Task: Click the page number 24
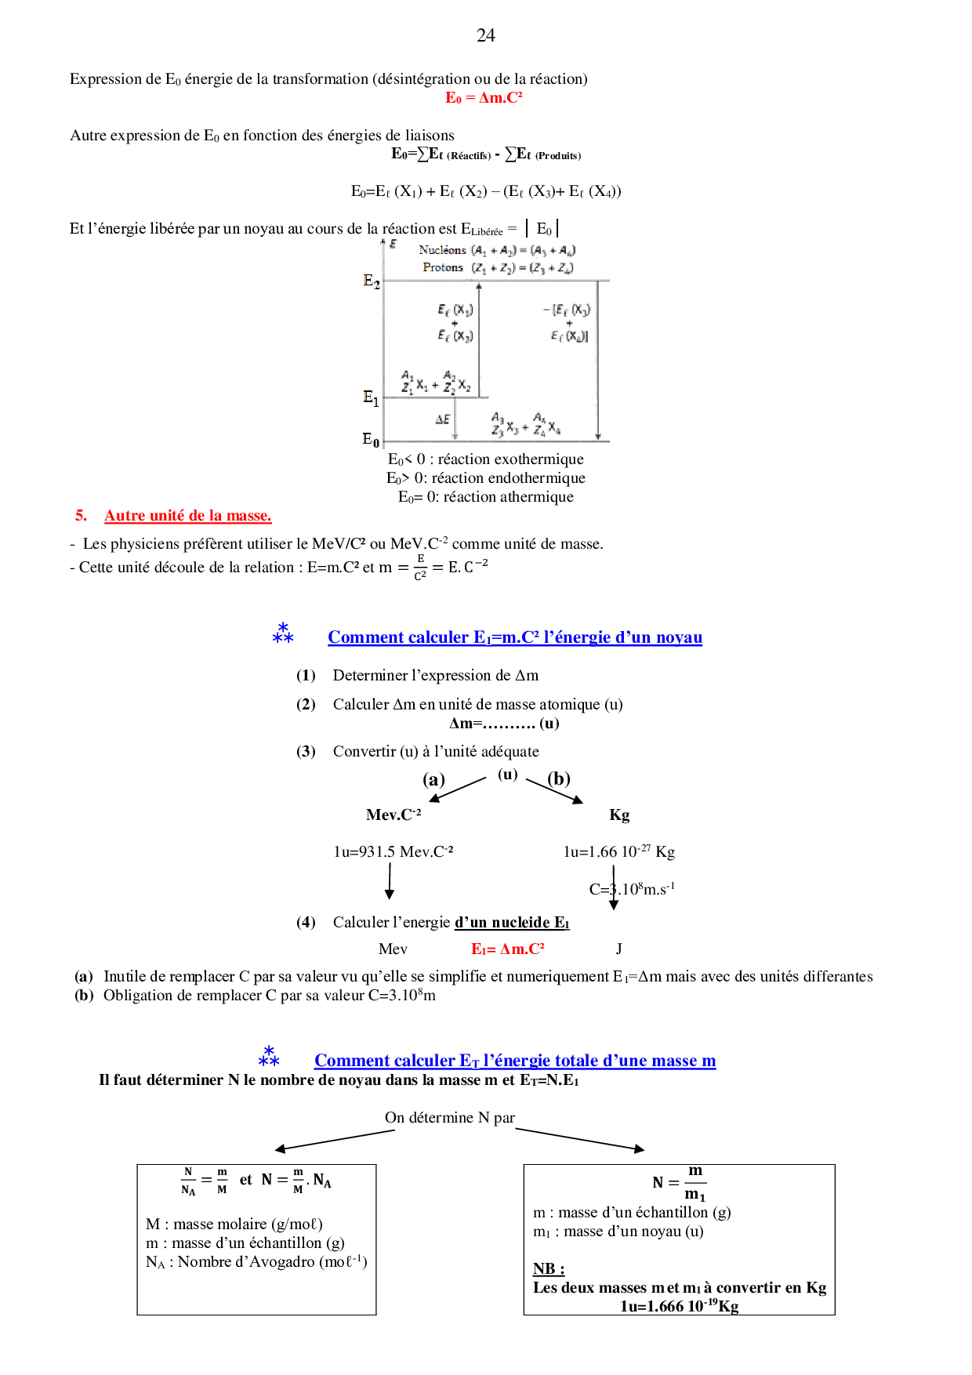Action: click(486, 35)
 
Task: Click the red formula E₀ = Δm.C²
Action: click(484, 98)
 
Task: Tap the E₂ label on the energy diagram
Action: click(372, 281)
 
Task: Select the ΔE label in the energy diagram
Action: click(443, 419)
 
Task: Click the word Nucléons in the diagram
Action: click(442, 250)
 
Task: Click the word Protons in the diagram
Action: click(443, 267)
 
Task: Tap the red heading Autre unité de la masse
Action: click(187, 516)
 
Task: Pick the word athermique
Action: click(536, 497)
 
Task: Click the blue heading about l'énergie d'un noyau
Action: click(514, 637)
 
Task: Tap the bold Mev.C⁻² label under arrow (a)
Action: click(394, 815)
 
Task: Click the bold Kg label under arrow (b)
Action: click(619, 815)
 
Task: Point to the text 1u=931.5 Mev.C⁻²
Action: click(394, 852)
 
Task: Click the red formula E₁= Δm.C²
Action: click(507, 949)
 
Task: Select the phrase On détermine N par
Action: click(450, 1118)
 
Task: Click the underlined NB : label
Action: click(549, 1268)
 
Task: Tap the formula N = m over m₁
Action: click(680, 1182)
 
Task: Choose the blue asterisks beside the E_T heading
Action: click(269, 1057)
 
